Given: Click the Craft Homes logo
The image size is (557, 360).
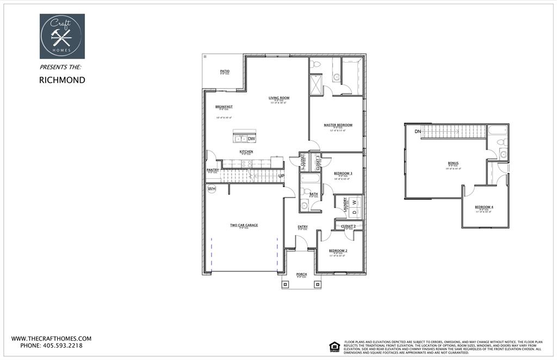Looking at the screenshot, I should [x=62, y=36].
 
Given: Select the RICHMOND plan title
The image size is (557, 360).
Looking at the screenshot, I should [x=62, y=80].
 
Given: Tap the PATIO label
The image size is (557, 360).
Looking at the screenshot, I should [x=225, y=71].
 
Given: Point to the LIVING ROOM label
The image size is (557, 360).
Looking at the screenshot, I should [x=279, y=98].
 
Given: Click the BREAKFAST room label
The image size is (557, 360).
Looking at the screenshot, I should [x=224, y=107].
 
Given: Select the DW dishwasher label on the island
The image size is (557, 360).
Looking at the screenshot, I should [x=251, y=139].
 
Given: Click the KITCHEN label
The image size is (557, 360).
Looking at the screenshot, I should [x=246, y=152].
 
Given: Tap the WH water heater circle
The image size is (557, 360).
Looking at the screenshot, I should [x=212, y=189].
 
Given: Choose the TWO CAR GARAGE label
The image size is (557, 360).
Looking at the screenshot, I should [x=244, y=225].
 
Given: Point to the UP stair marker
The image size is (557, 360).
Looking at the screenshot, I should [x=281, y=176].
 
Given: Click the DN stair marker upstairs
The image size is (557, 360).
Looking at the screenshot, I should [x=418, y=132].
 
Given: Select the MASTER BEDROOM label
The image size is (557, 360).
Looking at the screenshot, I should [x=338, y=125].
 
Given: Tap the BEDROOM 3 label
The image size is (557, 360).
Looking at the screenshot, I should [x=343, y=173].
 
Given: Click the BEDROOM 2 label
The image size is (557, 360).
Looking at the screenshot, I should [x=338, y=251].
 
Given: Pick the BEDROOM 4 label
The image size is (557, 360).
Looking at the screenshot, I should [x=484, y=207].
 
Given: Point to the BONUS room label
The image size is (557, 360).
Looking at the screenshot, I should [x=453, y=163].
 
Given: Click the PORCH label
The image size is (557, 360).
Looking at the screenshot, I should [x=301, y=274].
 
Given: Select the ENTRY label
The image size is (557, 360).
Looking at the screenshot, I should [x=302, y=227].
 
